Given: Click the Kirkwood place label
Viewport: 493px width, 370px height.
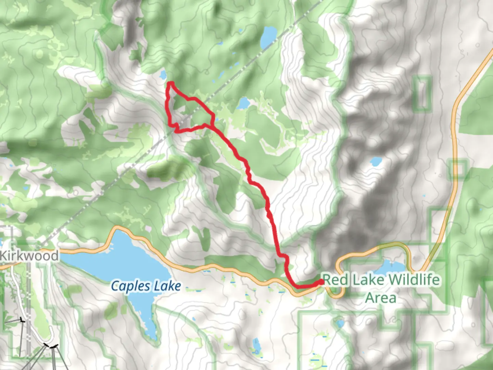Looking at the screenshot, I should click(x=29, y=256).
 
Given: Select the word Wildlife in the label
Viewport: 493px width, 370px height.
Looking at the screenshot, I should click(x=414, y=280).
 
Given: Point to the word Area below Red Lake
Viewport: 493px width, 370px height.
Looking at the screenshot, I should click(x=380, y=297).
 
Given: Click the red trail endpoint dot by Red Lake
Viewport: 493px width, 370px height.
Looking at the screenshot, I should click(x=321, y=282).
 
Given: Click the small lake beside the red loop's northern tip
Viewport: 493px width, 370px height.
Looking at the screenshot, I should click(x=163, y=74).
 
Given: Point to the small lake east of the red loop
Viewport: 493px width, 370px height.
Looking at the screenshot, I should click(x=243, y=102).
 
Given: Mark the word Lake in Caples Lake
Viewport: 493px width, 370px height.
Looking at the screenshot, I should click(x=167, y=286).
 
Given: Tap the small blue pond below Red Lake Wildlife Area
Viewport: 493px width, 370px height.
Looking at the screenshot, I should click(x=340, y=324).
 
